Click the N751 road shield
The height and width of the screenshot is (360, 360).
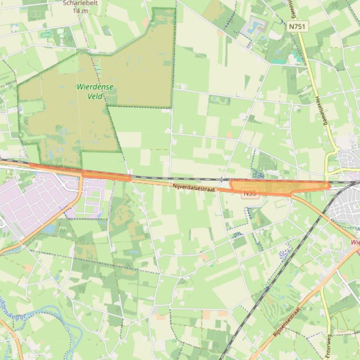pos(297,27)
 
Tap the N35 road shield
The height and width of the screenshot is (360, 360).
pos(250,193)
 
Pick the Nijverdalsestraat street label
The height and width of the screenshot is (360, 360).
pos(194,186)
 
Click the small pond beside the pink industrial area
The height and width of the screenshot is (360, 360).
pos(48,229)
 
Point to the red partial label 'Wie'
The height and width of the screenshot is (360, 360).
pos(355,243)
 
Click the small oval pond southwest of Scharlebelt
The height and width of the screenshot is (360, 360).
pos(46,34)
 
